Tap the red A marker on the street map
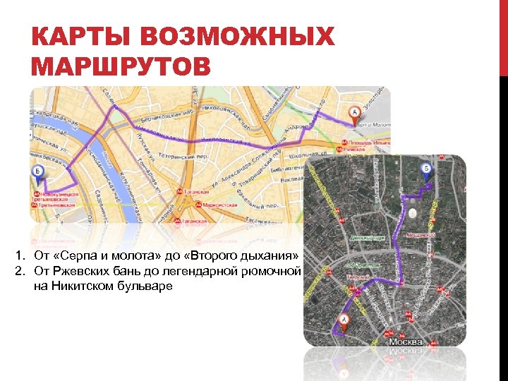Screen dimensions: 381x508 (355, 113)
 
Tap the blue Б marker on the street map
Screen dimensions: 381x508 (39, 172)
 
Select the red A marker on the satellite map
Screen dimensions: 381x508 (344, 322)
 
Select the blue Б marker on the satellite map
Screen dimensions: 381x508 (425, 169)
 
